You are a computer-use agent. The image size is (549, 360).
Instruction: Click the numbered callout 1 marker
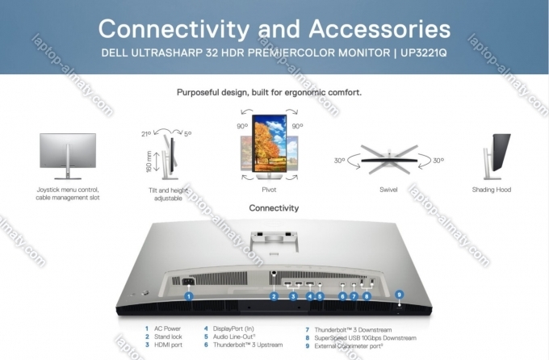click(189, 296)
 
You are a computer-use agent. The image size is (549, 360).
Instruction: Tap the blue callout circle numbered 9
click(400, 295)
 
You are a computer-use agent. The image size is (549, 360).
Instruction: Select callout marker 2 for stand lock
click(274, 296)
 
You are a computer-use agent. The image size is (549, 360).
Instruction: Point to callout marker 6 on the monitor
click(342, 296)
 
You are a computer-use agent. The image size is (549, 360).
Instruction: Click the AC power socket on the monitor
click(188, 281)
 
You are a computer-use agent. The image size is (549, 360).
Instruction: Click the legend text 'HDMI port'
click(169, 345)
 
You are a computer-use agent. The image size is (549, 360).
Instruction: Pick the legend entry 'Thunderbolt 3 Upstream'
click(248, 345)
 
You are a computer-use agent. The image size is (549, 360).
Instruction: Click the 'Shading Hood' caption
click(492, 190)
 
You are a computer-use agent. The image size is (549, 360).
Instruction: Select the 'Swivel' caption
click(388, 190)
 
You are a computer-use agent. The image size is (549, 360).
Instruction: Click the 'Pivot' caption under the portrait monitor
click(269, 190)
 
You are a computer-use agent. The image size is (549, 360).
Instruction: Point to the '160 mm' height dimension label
click(149, 161)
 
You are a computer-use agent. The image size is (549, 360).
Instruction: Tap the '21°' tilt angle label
click(146, 134)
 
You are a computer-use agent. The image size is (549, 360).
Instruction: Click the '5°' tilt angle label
click(188, 133)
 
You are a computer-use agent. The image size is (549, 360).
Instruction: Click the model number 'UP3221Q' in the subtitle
click(424, 53)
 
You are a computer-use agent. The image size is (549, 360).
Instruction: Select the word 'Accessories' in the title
click(379, 29)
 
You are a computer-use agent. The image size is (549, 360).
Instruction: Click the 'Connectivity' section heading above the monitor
click(274, 208)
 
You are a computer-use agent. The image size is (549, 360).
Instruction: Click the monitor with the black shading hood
click(497, 156)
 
